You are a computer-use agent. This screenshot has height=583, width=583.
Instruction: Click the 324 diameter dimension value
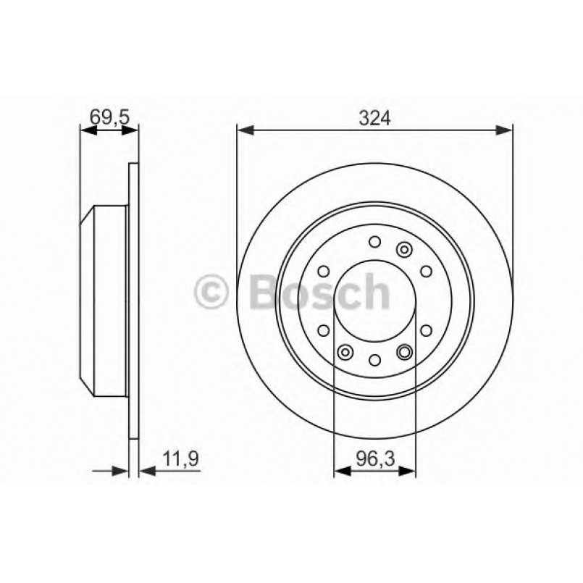tap(374, 117)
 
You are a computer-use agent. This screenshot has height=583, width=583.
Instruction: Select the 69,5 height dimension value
tap(108, 117)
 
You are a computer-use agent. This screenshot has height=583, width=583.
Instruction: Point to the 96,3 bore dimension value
tap(374, 458)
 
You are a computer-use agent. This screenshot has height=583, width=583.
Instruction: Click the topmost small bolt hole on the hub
tap(374, 241)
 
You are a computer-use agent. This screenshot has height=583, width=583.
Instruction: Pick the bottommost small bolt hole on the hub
tap(374, 359)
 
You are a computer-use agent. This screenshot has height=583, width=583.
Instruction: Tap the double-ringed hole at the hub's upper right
tap(404, 249)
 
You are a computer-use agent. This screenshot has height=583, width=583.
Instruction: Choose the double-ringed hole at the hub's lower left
tap(345, 352)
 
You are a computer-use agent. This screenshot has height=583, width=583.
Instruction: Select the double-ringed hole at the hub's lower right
tap(404, 352)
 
